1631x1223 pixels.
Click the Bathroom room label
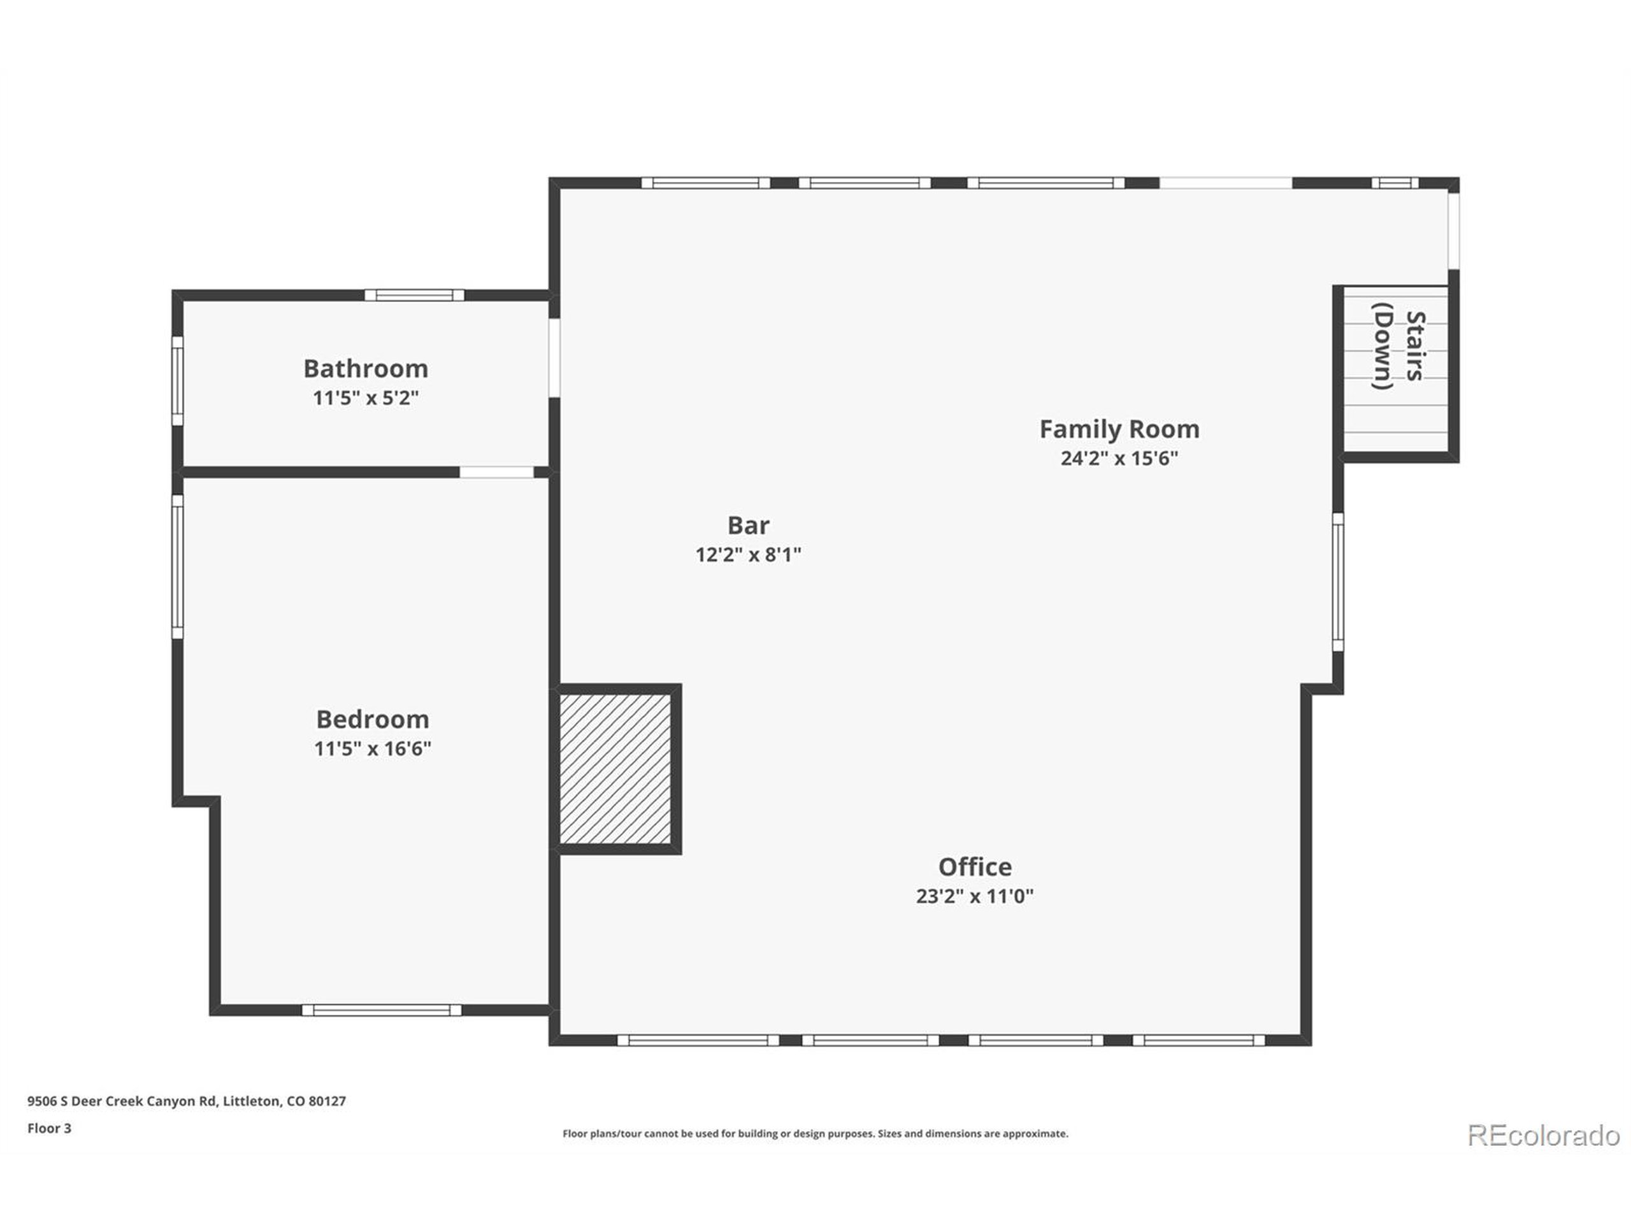[x=366, y=368]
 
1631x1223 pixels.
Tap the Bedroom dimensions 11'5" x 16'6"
[x=372, y=748]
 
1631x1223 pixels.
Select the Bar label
[x=748, y=525]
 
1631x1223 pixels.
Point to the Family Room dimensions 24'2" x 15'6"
[x=1119, y=458]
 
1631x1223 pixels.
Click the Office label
[x=975, y=866]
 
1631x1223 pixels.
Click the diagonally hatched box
[x=615, y=768]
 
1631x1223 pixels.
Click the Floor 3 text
[x=50, y=1128]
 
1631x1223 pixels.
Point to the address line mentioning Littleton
[x=187, y=1101]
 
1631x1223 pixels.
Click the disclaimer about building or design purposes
[x=815, y=1134]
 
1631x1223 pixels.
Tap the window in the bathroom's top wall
[x=414, y=295]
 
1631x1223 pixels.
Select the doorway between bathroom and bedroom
[x=496, y=472]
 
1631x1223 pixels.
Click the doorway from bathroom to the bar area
[x=554, y=357]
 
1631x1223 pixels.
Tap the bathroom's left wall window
[x=177, y=380]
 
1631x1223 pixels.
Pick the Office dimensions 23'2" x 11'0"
[x=975, y=896]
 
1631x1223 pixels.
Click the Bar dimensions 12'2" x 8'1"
[x=748, y=554]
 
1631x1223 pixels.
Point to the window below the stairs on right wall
[x=1337, y=582]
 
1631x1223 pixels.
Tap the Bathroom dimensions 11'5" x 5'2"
[x=366, y=398]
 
